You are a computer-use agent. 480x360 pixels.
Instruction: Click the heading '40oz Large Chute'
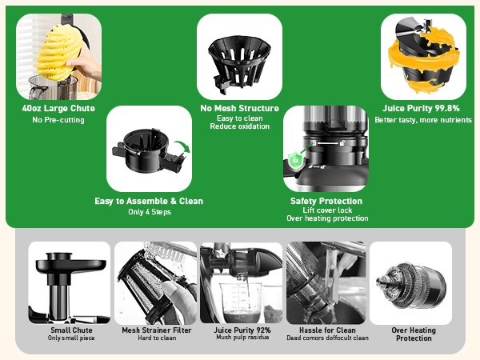[x=58, y=109]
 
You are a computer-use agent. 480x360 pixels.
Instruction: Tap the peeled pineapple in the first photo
[x=56, y=50]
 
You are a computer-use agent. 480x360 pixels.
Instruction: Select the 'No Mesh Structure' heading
[x=239, y=108]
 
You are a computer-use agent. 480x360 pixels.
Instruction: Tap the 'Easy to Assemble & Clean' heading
[x=149, y=201]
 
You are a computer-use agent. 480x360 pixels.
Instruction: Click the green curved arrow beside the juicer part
[x=182, y=149]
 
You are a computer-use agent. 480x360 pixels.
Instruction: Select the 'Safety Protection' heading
[x=326, y=201]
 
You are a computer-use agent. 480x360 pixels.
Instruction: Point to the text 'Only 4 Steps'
[x=149, y=211]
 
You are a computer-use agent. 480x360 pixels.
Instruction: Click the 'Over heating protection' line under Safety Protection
[x=327, y=218]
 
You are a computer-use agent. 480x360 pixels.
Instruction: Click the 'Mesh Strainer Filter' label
[x=156, y=330]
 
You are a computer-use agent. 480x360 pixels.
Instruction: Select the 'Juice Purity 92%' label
[x=241, y=330]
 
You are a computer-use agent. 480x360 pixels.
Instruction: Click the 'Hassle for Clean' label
[x=326, y=330]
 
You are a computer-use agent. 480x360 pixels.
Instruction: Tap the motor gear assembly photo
[x=410, y=283]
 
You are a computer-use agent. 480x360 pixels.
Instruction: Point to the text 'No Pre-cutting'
[x=58, y=120]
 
